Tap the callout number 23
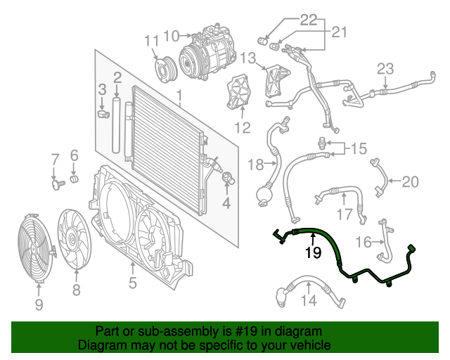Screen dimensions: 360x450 tap(385, 69)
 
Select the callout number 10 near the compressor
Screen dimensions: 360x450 tap(172, 34)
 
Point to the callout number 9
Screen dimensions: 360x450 tap(39, 304)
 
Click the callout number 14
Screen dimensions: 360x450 tap(310, 302)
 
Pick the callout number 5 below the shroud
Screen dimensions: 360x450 tap(132, 285)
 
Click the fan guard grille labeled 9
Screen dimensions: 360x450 tap(34, 246)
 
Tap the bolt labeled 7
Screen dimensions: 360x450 tap(56, 184)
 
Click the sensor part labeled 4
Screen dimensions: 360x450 tap(226, 179)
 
